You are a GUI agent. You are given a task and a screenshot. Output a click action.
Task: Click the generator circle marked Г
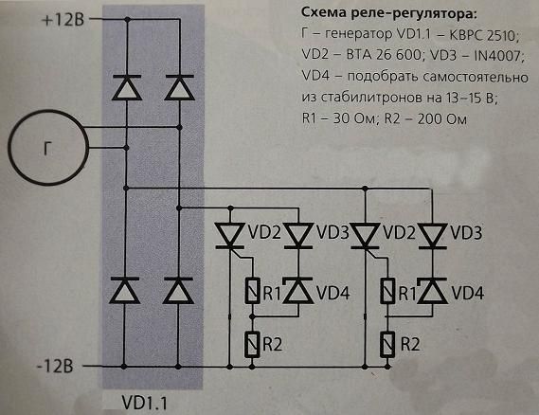click(x=48, y=111)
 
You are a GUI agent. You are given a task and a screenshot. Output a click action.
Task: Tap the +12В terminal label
click(x=63, y=20)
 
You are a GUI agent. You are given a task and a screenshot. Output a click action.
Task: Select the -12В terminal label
click(x=55, y=366)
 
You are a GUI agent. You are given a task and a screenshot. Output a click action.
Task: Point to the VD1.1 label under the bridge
click(x=144, y=403)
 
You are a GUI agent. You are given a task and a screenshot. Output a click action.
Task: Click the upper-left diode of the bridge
click(x=127, y=88)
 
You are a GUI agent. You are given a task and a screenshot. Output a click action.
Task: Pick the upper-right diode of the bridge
click(x=179, y=88)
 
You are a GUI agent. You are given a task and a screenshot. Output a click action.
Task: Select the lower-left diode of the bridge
click(x=124, y=291)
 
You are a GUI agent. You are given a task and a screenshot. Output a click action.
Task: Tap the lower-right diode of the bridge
click(x=178, y=291)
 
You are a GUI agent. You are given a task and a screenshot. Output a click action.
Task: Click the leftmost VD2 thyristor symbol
click(x=230, y=236)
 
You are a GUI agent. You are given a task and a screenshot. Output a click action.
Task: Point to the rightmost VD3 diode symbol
click(x=433, y=236)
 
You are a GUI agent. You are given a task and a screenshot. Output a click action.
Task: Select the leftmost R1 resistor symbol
click(x=252, y=291)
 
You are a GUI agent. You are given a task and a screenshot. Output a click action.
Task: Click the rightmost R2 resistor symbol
click(x=387, y=344)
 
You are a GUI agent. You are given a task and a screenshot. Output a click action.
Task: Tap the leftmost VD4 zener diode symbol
click(x=297, y=291)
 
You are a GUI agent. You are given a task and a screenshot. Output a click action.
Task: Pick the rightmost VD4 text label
click(x=468, y=294)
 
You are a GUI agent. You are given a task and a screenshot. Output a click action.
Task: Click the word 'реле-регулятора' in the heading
click(x=420, y=14)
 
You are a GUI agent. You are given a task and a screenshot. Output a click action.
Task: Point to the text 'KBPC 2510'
click(x=484, y=35)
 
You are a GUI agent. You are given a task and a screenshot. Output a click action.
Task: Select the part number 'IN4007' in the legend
click(x=498, y=56)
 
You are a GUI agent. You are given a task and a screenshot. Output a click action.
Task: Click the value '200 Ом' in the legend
click(x=442, y=119)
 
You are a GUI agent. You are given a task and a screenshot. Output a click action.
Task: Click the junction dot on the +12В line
click(x=127, y=20)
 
